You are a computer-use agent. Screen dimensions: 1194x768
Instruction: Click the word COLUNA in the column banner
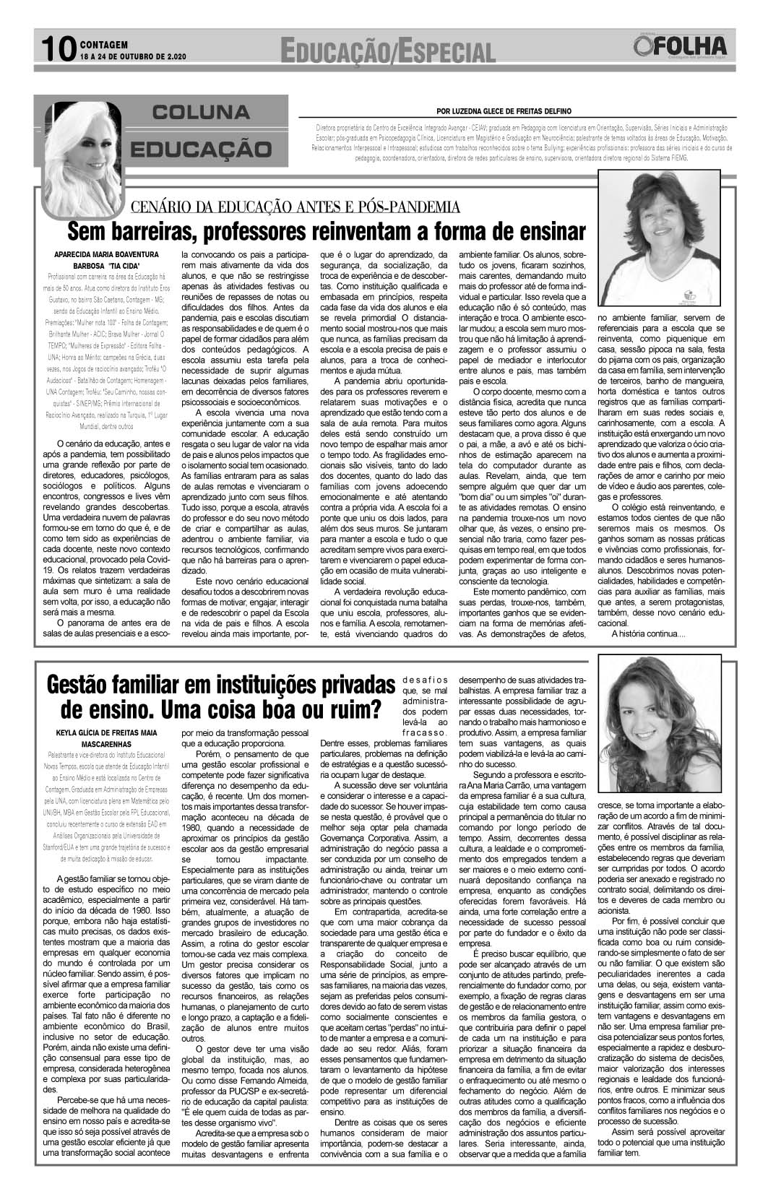pyautogui.click(x=201, y=113)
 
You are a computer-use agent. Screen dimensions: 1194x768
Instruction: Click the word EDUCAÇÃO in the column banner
pyautogui.click(x=201, y=150)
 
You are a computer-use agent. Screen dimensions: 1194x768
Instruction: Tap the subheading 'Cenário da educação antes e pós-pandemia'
pyautogui.click(x=295, y=208)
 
